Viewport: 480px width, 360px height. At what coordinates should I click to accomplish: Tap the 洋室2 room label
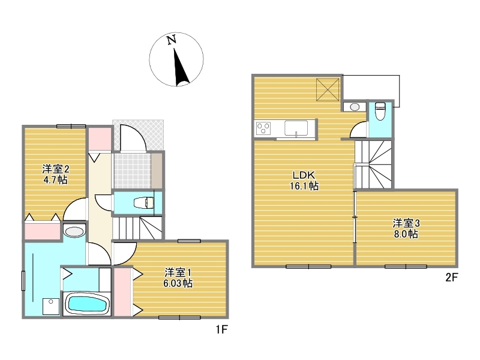(x=55, y=169)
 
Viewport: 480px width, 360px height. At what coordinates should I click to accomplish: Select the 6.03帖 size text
(x=178, y=283)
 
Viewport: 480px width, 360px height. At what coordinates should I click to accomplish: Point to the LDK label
(x=304, y=175)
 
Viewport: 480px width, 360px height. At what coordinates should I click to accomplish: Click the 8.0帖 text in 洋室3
(x=406, y=234)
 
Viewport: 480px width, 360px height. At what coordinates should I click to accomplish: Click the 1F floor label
(x=221, y=329)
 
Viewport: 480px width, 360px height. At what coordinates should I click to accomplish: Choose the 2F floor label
(x=451, y=277)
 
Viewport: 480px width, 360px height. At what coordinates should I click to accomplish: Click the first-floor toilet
(x=144, y=203)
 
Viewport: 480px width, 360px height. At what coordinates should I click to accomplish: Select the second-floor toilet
(x=380, y=111)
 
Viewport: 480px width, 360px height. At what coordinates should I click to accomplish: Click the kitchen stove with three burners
(x=263, y=128)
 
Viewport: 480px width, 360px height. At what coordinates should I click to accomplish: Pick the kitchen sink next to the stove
(x=296, y=128)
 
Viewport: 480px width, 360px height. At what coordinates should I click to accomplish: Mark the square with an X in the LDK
(x=328, y=89)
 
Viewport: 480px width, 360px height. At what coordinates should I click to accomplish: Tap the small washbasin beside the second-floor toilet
(x=355, y=107)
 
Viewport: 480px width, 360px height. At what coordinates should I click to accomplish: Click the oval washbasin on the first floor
(x=74, y=232)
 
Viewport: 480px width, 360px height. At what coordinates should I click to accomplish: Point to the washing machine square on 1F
(x=51, y=306)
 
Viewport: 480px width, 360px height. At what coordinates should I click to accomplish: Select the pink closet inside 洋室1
(x=122, y=292)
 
